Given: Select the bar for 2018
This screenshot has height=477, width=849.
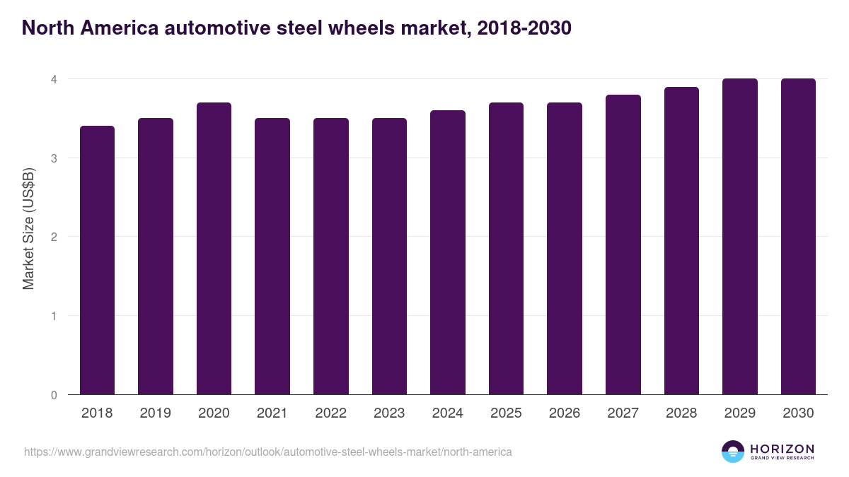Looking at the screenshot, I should [97, 260].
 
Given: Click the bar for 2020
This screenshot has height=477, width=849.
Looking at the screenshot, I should [214, 249].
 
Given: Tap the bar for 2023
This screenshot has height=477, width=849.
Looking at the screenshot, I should [389, 257].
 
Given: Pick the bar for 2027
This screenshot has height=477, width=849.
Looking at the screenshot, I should [623, 245].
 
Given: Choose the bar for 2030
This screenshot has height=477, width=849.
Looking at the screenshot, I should [798, 237].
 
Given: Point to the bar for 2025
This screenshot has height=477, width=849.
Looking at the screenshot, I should [506, 249].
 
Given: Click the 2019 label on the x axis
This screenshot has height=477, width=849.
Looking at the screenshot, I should [155, 413].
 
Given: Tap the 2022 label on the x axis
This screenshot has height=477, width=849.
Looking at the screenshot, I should [330, 413].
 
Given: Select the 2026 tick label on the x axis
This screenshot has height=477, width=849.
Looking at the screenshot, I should [564, 413].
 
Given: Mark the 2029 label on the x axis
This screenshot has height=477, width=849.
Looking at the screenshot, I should [739, 413].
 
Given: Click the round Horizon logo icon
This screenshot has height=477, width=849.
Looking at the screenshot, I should [732, 452].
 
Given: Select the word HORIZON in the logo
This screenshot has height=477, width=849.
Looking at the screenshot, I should [782, 449].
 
